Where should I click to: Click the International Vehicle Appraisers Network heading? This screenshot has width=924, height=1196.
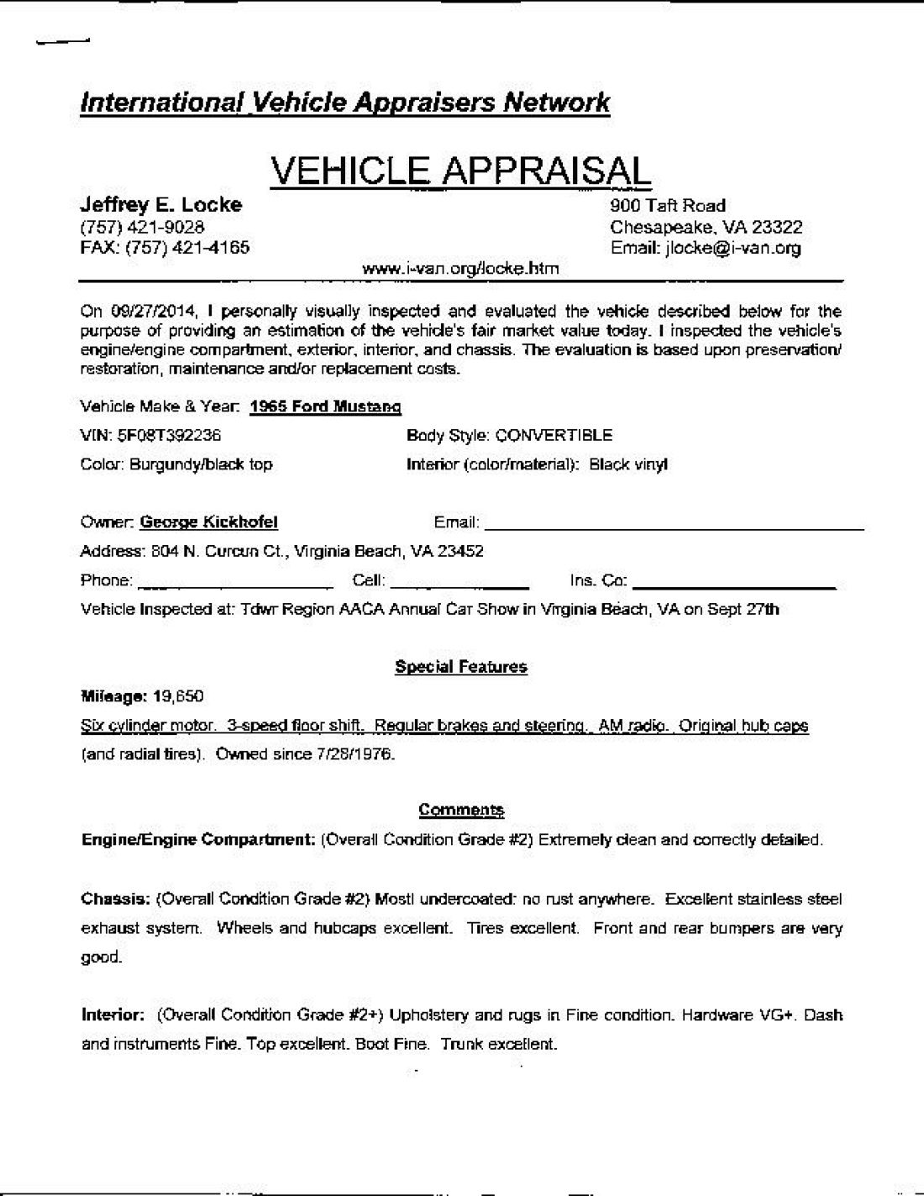coord(344,102)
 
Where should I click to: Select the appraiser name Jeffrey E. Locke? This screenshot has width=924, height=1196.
coord(160,205)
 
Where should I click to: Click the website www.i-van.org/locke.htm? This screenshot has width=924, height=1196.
coord(459,269)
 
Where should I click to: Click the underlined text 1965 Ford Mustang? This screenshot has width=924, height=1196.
coord(326,407)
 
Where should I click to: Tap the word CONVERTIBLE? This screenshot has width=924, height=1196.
coord(554,435)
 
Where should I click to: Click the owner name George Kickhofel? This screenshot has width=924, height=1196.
coord(208,522)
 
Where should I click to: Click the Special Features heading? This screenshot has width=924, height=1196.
coord(460,667)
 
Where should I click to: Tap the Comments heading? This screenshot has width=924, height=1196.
coord(461,810)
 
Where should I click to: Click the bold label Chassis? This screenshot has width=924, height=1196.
coord(115,899)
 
